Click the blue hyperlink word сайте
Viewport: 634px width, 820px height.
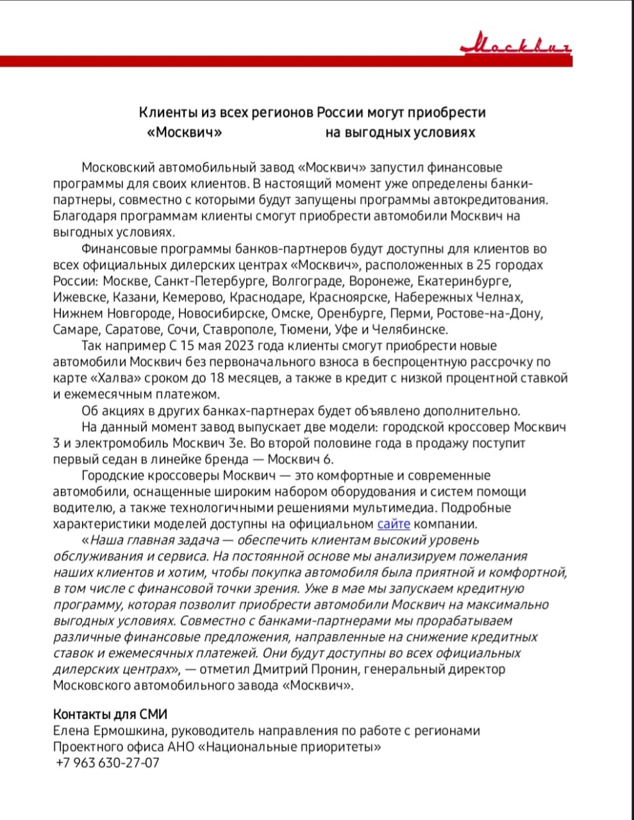393,524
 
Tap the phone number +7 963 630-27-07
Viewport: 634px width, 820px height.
108,763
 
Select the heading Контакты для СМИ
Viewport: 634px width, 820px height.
110,714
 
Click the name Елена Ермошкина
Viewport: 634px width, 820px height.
108,731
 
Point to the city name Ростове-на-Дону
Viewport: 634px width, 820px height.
490,313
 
